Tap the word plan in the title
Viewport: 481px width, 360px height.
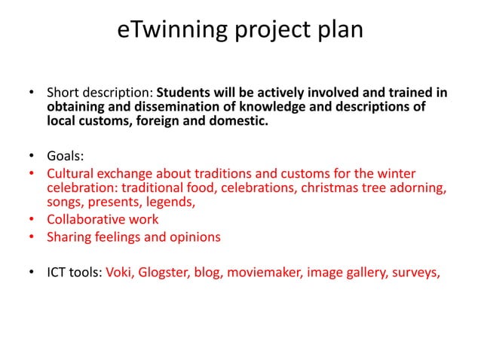click(x=337, y=30)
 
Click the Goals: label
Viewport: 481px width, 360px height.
click(x=66, y=157)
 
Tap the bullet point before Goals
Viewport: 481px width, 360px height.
click(x=32, y=157)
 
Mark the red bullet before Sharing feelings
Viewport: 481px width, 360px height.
click(x=32, y=238)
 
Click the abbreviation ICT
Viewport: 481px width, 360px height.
click(x=58, y=273)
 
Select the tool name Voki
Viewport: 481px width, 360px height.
click(x=121, y=273)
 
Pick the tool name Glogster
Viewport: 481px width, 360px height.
click(x=168, y=273)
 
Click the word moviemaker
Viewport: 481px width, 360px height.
click(x=265, y=273)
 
